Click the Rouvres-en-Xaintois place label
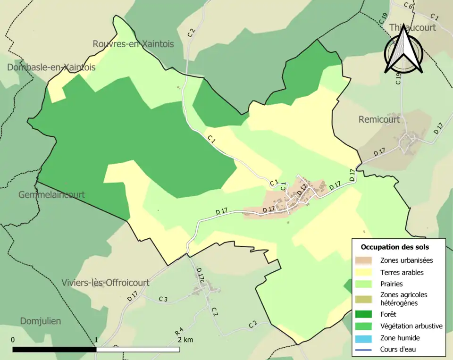pyautogui.click(x=133, y=44)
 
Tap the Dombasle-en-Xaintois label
pyautogui.click(x=51, y=67)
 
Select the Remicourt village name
pyautogui.click(x=379, y=119)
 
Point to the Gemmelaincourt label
pyautogui.click(x=51, y=194)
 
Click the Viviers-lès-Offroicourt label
pyautogui.click(x=105, y=283)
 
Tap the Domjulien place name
pyautogui.click(x=41, y=321)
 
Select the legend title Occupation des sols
pyautogui.click(x=394, y=247)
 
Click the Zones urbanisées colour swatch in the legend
pyautogui.click(x=364, y=260)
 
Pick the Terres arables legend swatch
pyautogui.click(x=364, y=272)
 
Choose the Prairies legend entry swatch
pyautogui.click(x=364, y=284)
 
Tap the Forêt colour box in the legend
pyautogui.click(x=364, y=314)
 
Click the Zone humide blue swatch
pyautogui.click(x=364, y=338)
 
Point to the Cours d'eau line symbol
pyautogui.click(x=364, y=350)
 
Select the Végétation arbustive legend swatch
pyautogui.click(x=364, y=326)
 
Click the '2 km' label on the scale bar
pyautogui.click(x=185, y=340)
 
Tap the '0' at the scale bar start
pyautogui.click(x=13, y=340)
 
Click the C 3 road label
pyautogui.click(x=163, y=299)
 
